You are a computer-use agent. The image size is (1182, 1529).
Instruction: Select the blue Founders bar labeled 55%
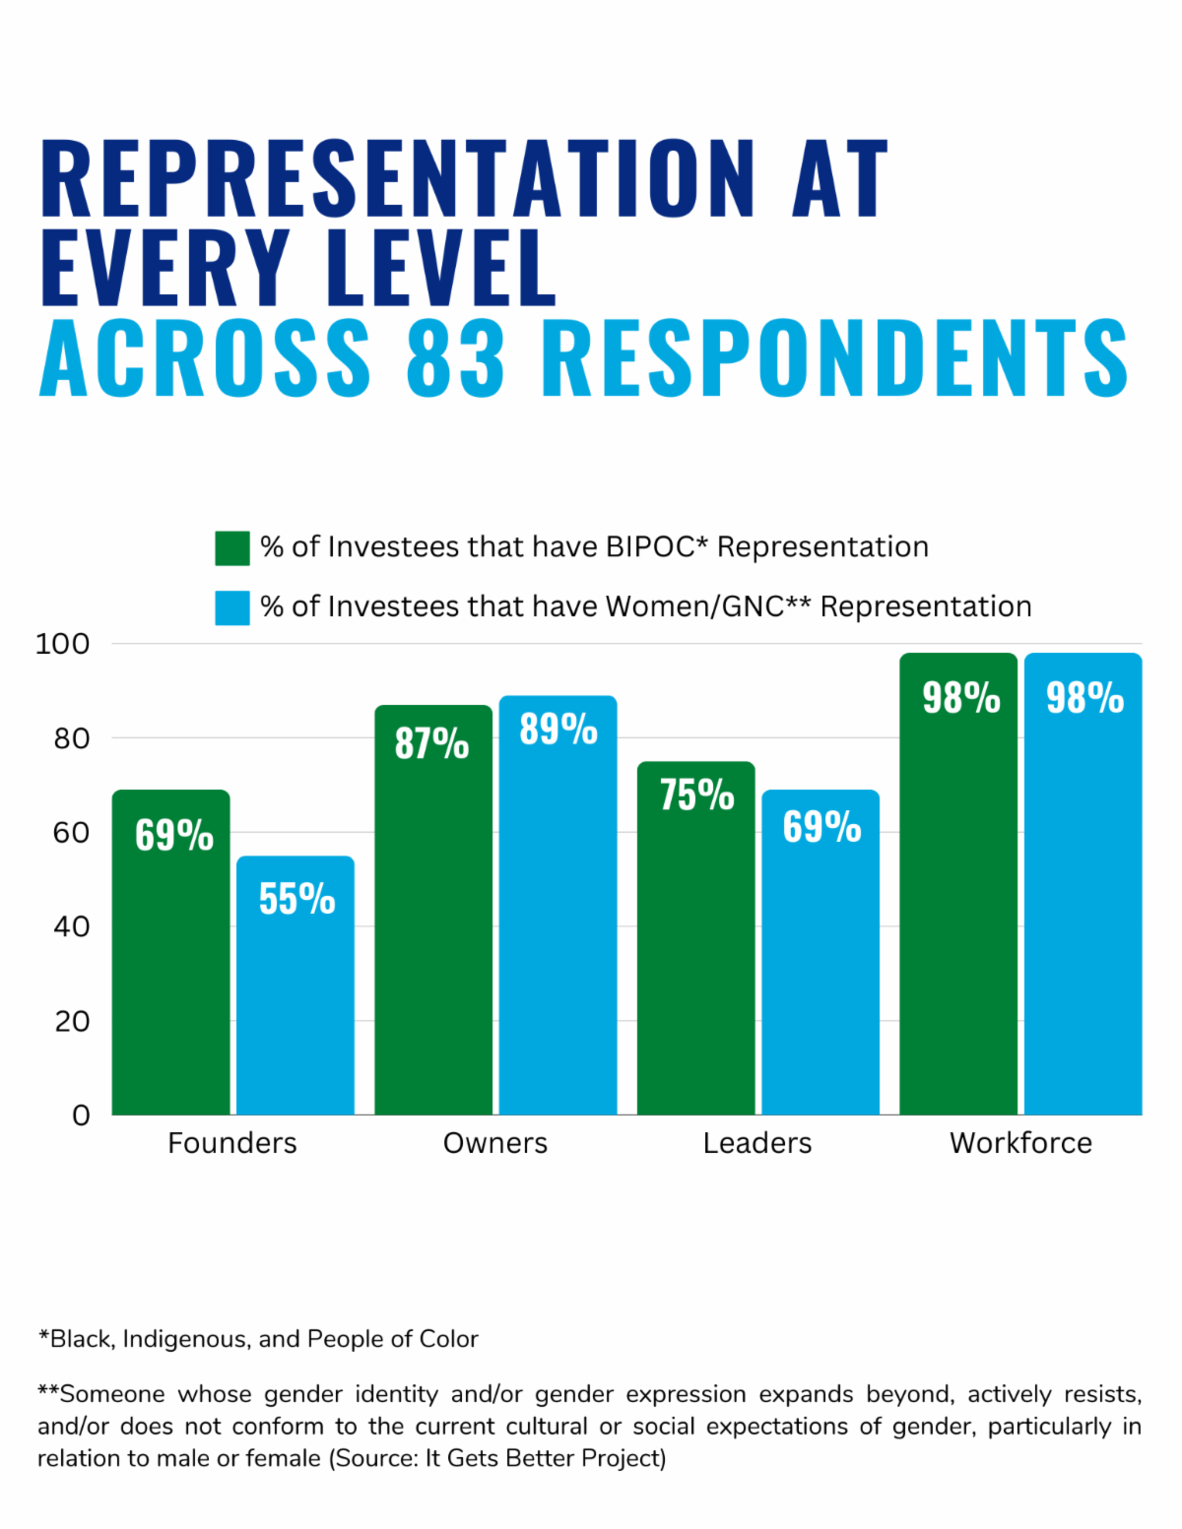tap(295, 985)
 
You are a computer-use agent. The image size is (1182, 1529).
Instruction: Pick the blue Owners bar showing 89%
tap(558, 905)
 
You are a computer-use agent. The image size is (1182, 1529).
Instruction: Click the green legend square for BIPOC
tap(232, 548)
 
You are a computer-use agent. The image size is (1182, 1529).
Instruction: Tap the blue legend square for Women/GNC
tap(232, 607)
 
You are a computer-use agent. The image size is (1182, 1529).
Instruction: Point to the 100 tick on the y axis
tap(62, 644)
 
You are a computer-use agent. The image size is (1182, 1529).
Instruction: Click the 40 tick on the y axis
tap(71, 926)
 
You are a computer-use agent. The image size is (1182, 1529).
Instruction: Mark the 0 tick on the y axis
tap(81, 1115)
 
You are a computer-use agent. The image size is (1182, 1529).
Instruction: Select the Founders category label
tap(232, 1143)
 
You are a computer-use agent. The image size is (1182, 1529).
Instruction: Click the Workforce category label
tap(1020, 1143)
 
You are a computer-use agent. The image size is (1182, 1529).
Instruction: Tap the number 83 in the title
tap(456, 356)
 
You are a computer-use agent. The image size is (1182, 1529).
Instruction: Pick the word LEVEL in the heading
tap(442, 267)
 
